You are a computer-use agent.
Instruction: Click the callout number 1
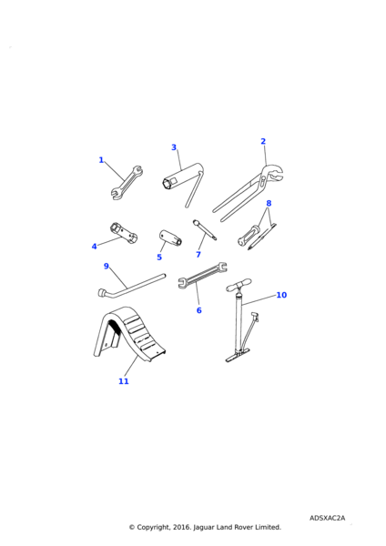101,160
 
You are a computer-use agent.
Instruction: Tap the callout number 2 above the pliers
263,141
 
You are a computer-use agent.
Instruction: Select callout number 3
174,147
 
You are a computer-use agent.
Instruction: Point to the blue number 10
281,295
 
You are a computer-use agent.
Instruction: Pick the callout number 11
124,381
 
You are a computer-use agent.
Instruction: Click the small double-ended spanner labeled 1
127,183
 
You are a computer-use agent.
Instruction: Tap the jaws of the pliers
273,173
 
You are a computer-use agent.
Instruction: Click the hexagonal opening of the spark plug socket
168,183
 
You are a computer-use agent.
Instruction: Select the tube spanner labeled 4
124,233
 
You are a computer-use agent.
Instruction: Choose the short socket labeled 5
170,238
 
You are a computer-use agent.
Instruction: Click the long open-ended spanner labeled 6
202,276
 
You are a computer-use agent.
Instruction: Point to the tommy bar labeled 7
205,229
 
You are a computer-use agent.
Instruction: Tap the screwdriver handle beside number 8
249,235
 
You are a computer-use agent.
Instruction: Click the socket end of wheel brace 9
103,292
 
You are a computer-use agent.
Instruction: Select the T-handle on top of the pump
239,286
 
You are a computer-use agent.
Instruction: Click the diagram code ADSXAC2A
327,518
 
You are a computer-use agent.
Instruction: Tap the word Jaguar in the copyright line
204,527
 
